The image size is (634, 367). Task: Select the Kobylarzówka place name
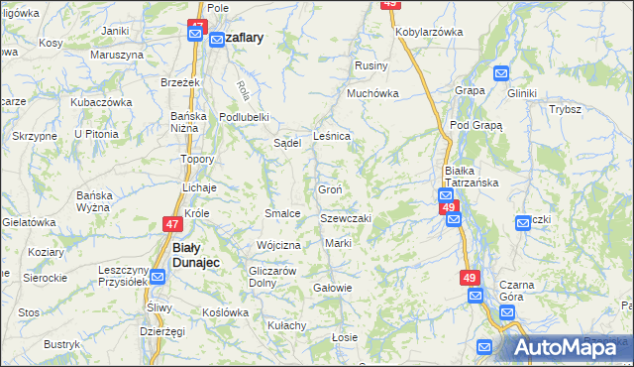pos(429,32)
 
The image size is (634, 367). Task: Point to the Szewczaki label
pos(345,218)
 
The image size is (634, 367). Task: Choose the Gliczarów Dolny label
pos(273,276)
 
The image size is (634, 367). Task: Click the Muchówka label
pos(371,94)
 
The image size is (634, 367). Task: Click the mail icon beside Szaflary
pos(217,38)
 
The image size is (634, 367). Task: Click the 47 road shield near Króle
pos(173,225)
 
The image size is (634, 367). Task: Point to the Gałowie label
pos(332,288)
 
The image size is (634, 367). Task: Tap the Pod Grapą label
pos(475,126)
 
